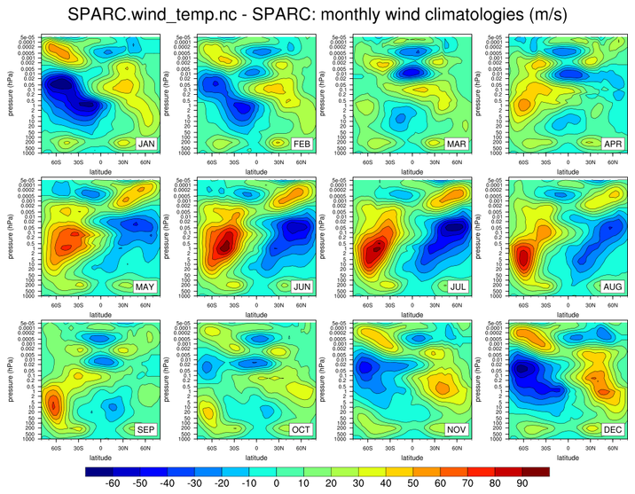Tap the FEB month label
302,143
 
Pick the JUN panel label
302,287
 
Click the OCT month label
302,431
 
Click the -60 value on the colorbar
112,484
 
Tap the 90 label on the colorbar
523,484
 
